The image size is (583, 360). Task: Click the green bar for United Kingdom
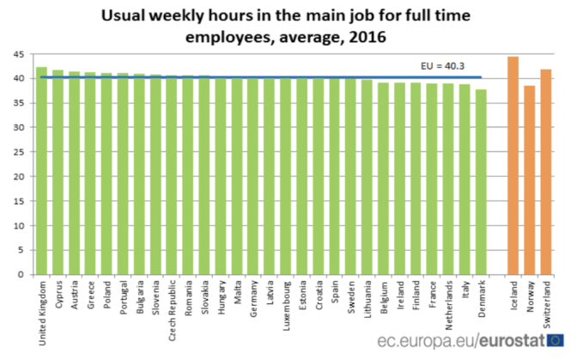coord(41,172)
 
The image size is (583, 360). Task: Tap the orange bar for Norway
coord(530,180)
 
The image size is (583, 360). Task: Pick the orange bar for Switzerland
coord(546,172)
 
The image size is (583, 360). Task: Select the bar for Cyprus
coord(58,173)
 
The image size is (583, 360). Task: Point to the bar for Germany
coord(253,176)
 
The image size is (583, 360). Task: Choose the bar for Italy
coord(465,180)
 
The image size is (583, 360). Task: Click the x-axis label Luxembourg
coord(286,302)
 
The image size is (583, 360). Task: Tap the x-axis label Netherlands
coord(449,302)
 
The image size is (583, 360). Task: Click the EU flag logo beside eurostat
coord(556,341)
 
